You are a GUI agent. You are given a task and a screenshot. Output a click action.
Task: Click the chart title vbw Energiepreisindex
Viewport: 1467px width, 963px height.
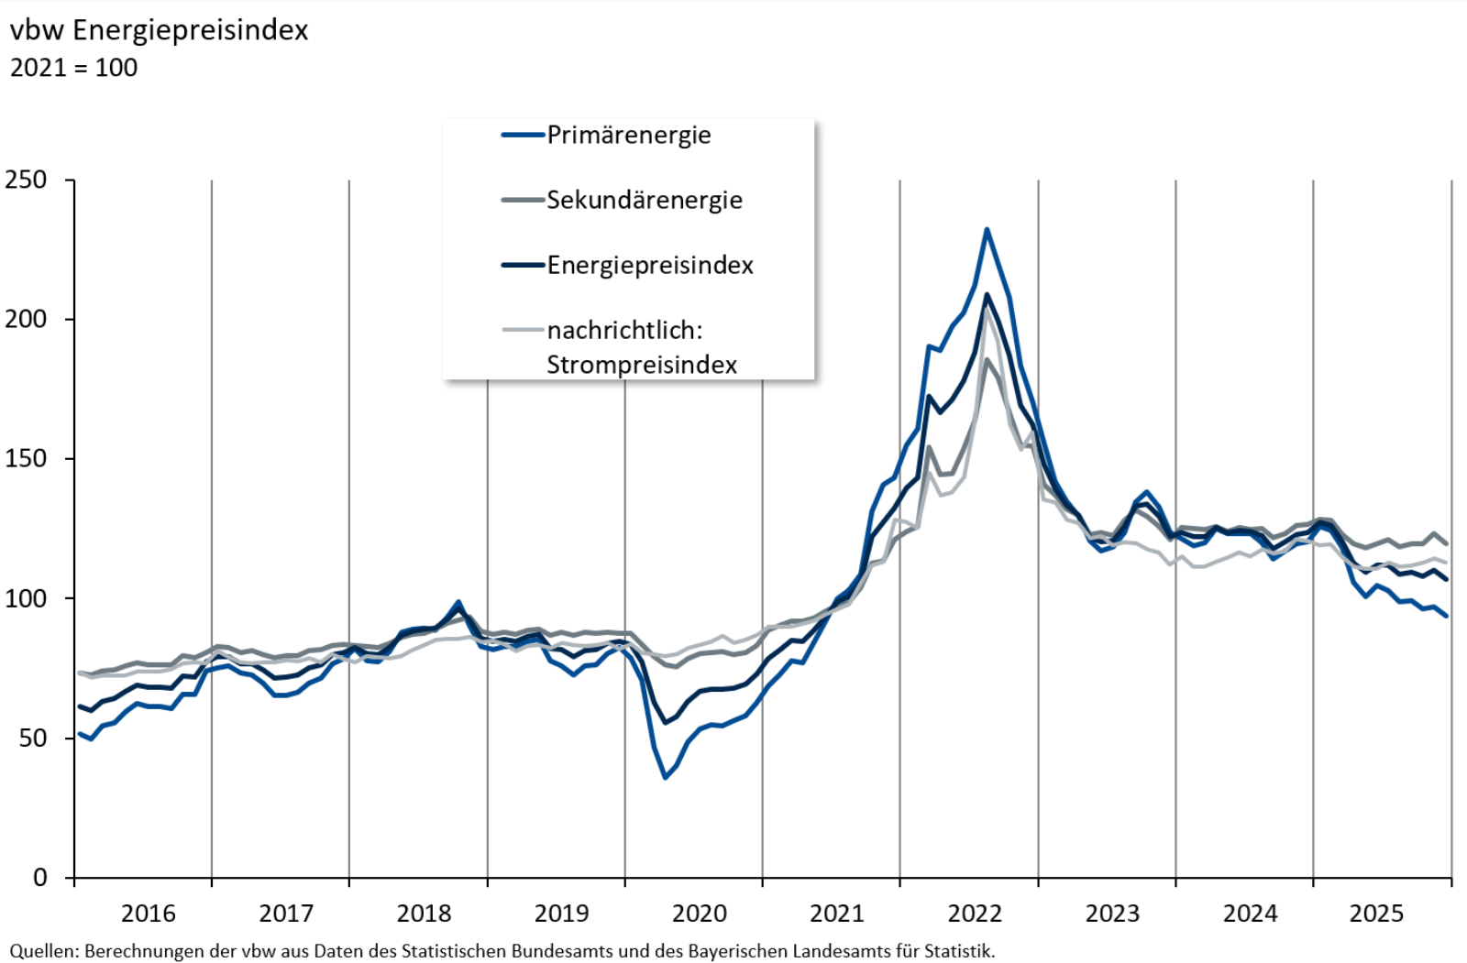pyautogui.click(x=159, y=30)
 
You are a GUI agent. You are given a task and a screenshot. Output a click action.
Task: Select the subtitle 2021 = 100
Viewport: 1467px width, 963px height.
pyautogui.click(x=73, y=68)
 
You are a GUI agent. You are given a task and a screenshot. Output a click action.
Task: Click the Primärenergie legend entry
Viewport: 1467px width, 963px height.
pyautogui.click(x=628, y=135)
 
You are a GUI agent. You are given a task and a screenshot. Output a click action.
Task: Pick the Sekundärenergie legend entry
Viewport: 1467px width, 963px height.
pyautogui.click(x=644, y=200)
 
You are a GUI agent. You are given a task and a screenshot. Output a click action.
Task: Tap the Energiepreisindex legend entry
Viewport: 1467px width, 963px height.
pyautogui.click(x=649, y=265)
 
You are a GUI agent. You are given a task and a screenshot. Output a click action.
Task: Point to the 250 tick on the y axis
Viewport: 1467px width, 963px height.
pyautogui.click(x=27, y=180)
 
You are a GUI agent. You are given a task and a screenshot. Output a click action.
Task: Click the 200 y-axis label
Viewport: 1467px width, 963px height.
pyautogui.click(x=27, y=319)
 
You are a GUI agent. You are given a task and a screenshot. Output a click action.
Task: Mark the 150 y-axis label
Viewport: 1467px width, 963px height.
pyautogui.click(x=27, y=458)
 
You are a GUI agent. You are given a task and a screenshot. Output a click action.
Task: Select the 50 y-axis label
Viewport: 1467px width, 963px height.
pyautogui.click(x=33, y=738)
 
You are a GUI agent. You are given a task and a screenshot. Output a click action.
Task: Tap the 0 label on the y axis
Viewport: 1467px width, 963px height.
pyautogui.click(x=39, y=878)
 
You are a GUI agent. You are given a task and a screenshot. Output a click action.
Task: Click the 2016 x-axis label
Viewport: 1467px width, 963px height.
pyautogui.click(x=149, y=914)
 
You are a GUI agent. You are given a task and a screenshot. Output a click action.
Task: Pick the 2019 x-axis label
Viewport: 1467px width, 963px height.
pyautogui.click(x=561, y=914)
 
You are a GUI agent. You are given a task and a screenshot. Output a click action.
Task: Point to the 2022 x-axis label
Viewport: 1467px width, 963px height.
pyautogui.click(x=975, y=914)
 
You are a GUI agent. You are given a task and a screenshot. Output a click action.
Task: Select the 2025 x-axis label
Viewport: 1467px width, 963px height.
pyautogui.click(x=1376, y=914)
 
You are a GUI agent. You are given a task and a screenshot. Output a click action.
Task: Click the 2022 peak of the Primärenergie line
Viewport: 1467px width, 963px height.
pyautogui.click(x=987, y=229)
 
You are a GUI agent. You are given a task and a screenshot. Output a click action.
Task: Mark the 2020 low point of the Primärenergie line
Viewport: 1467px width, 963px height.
pyautogui.click(x=665, y=778)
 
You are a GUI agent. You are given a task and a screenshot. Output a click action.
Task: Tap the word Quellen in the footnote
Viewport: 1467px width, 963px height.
pyautogui.click(x=42, y=951)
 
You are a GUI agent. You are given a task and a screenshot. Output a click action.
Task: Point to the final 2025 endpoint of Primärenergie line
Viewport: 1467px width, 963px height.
pyautogui.click(x=1447, y=616)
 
